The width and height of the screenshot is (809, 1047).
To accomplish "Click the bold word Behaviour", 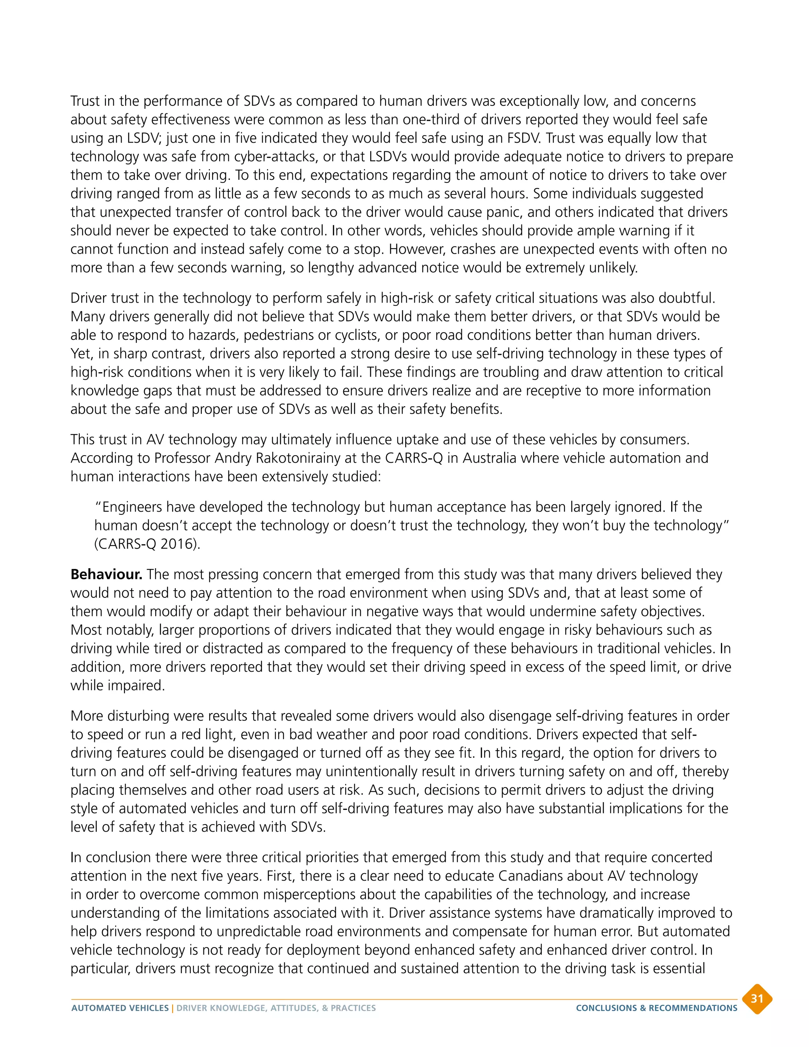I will point(106,574).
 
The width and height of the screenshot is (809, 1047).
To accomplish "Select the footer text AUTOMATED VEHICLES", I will point(120,1008).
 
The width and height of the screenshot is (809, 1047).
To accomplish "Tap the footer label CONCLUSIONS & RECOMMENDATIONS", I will point(656,1008).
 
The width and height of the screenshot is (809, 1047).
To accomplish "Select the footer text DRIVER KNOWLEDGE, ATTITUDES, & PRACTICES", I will point(276,1008).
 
